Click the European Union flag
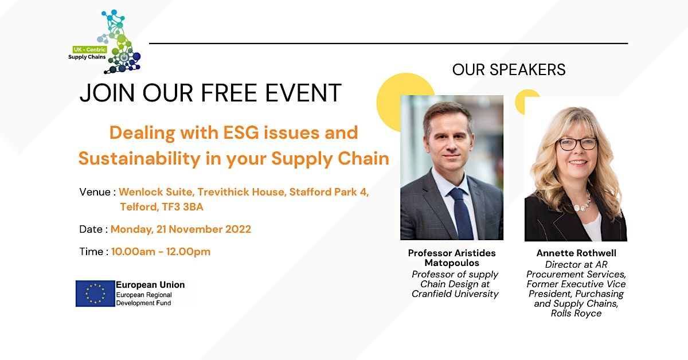[x=95, y=294]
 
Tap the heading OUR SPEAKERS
[x=509, y=70]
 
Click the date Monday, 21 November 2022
[x=181, y=229]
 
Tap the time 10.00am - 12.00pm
[x=161, y=252]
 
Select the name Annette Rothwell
[x=576, y=253]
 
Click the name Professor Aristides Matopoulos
[x=452, y=258]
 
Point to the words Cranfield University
[x=455, y=294]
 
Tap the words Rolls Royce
[x=576, y=314]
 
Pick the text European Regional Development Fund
[x=143, y=298]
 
